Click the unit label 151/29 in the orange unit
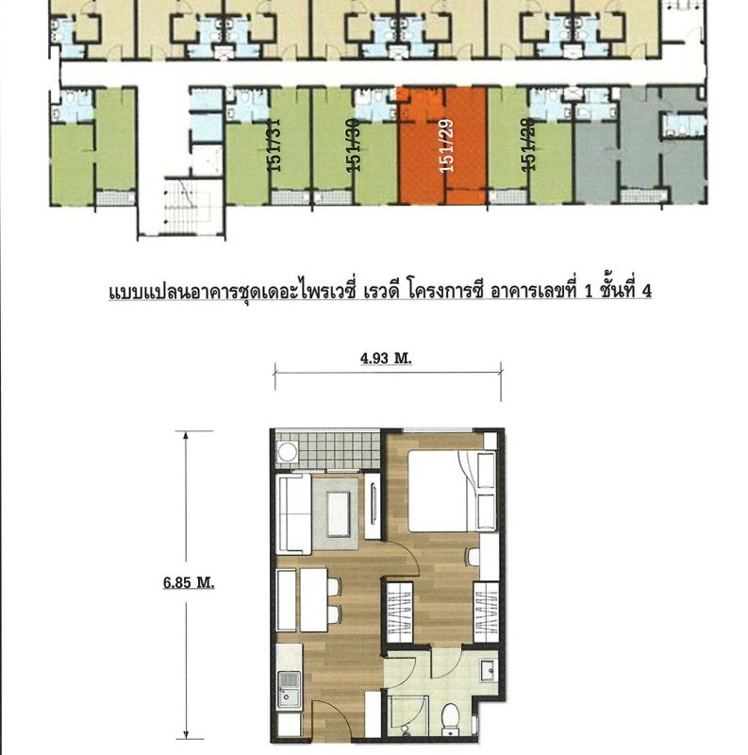447,145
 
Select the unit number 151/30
354,144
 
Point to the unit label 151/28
528,144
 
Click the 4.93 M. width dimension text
386,359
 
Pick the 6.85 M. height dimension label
189,582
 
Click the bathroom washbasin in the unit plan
487,670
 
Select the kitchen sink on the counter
290,690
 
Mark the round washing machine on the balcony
288,453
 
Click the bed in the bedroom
452,490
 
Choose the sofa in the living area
294,513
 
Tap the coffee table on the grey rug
339,514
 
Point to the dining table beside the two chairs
314,600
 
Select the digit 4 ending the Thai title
646,291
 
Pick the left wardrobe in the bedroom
398,612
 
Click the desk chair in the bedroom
474,557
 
